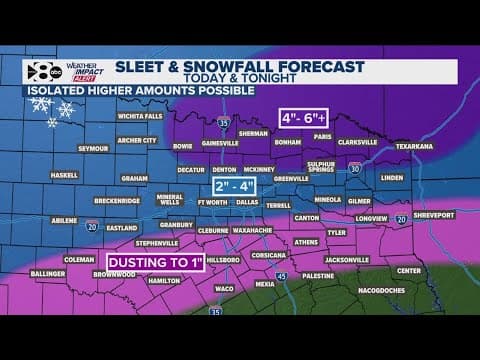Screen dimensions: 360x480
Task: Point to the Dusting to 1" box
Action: [155, 263]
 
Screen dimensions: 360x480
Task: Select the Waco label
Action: [224, 289]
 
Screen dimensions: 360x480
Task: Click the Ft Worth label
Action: [213, 201]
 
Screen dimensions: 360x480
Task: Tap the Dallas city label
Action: [247, 201]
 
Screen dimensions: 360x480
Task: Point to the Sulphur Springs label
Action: [321, 166]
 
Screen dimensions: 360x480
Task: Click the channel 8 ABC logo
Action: [40, 70]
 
